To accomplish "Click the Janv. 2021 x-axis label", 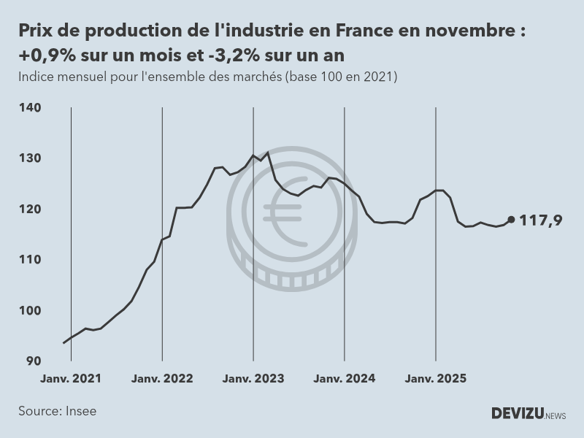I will (x=71, y=379).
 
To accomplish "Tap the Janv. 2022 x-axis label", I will (x=162, y=379).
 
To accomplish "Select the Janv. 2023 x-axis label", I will (x=253, y=379).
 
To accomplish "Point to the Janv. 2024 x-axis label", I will (x=345, y=379).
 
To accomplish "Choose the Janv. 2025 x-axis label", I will (x=436, y=379).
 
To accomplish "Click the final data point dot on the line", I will (x=511, y=219).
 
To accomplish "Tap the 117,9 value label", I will (x=540, y=220).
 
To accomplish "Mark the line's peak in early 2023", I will (x=268, y=152).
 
